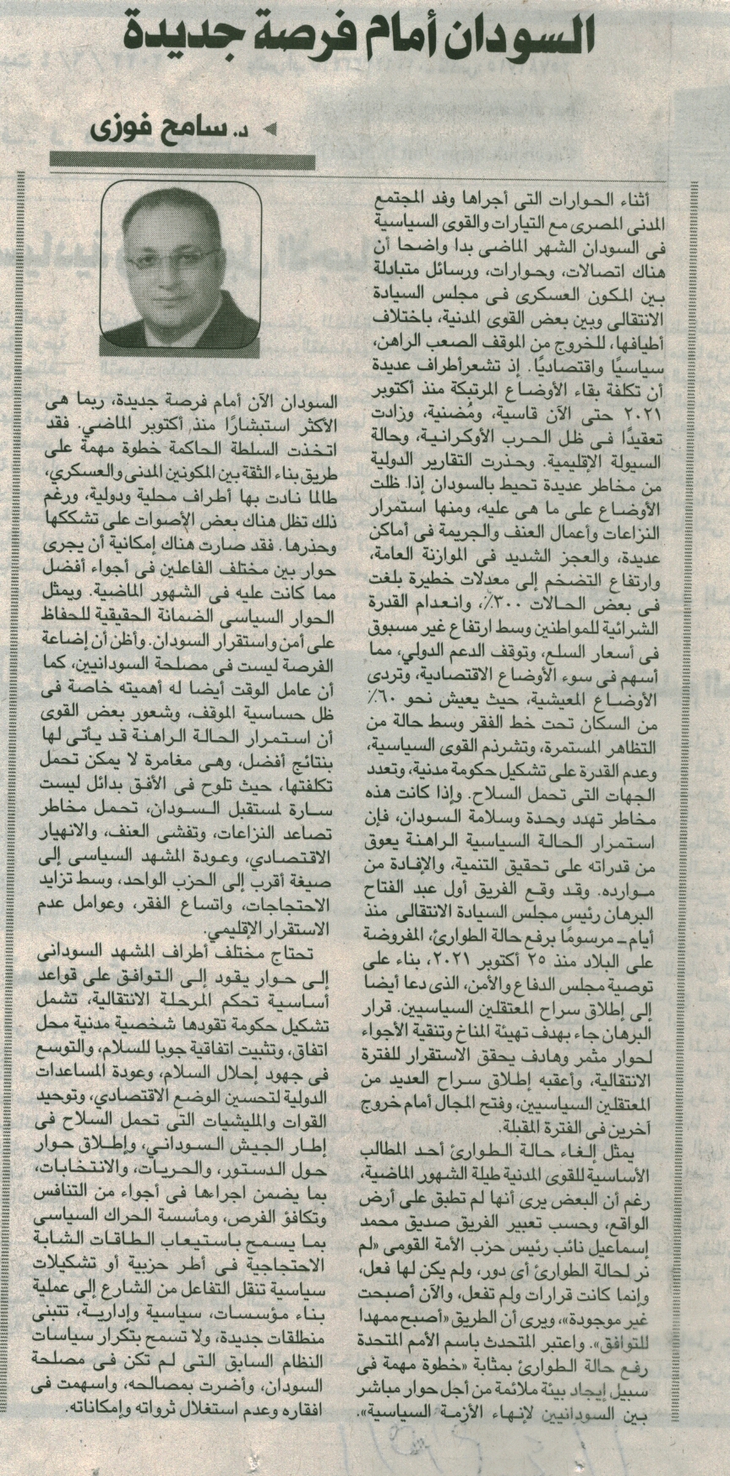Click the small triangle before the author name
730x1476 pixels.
point(271,129)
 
